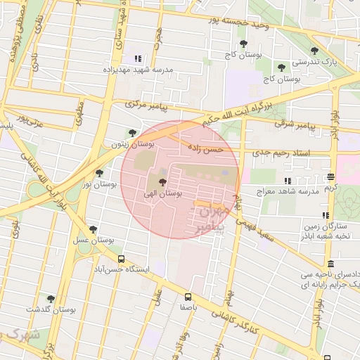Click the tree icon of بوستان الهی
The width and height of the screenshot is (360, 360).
pos(153,182)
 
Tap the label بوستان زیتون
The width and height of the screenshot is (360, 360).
pos(127,143)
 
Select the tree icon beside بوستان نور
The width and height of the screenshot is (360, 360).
pos(99,172)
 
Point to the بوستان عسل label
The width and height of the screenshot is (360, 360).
pos(94,240)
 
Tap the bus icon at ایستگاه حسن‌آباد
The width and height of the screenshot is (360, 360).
pos(122,259)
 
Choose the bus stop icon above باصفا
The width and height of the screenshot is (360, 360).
pos(188,297)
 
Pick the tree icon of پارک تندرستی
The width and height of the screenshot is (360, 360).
pos(314,51)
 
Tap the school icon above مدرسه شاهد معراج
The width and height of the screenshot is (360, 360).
pos(287,181)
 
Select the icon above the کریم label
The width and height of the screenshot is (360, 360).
pos(331,176)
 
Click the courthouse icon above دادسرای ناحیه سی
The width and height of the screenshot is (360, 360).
pos(330,263)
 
